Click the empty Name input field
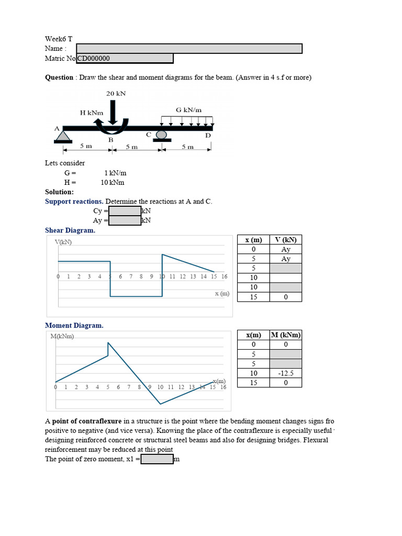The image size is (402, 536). click(189, 49)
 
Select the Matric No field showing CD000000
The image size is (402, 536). click(125, 59)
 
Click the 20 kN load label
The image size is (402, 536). click(116, 94)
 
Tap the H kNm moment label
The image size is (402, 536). click(91, 113)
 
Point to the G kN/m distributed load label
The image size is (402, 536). click(188, 110)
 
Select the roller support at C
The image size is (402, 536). click(162, 135)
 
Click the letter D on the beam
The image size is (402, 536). click(208, 136)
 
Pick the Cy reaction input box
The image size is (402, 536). click(125, 211)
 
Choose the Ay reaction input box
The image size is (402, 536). click(125, 220)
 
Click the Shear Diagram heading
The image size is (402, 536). click(70, 230)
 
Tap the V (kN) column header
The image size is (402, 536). click(286, 240)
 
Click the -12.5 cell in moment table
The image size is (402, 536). click(286, 373)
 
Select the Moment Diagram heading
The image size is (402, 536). click(74, 326)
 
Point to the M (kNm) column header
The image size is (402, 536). click(286, 335)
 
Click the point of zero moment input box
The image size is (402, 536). click(157, 459)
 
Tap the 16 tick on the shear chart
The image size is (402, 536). click(224, 276)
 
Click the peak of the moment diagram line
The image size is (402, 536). click(108, 343)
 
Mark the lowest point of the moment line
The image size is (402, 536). click(161, 404)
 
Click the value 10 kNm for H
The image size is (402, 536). click(113, 183)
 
